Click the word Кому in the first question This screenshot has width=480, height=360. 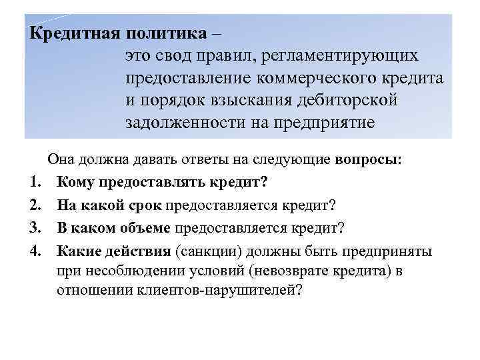pos(76,182)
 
